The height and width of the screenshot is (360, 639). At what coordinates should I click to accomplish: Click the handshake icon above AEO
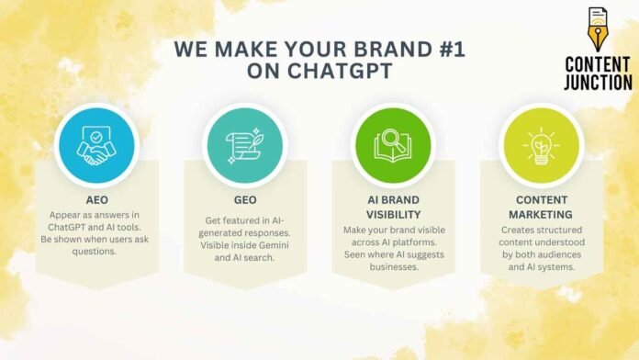coord(95,145)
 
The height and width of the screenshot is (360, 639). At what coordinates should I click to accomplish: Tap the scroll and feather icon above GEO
coord(244,145)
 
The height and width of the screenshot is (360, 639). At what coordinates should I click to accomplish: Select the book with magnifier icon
coord(393,145)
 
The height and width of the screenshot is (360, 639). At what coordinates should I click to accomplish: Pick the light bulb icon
coord(542,145)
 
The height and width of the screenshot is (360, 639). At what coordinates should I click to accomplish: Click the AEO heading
coord(95,199)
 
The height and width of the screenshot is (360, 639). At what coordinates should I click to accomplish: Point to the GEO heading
coord(244,199)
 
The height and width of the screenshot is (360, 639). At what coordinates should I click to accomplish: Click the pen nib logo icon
coord(598,28)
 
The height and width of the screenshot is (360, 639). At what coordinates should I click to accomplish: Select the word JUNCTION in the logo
coord(598,82)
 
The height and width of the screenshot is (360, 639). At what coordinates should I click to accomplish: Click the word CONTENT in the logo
coord(598,63)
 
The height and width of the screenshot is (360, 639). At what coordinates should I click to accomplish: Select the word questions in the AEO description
coord(95,252)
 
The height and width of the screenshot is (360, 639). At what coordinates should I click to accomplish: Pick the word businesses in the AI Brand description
coord(393,266)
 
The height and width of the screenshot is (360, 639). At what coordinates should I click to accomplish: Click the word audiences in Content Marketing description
coord(566,253)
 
